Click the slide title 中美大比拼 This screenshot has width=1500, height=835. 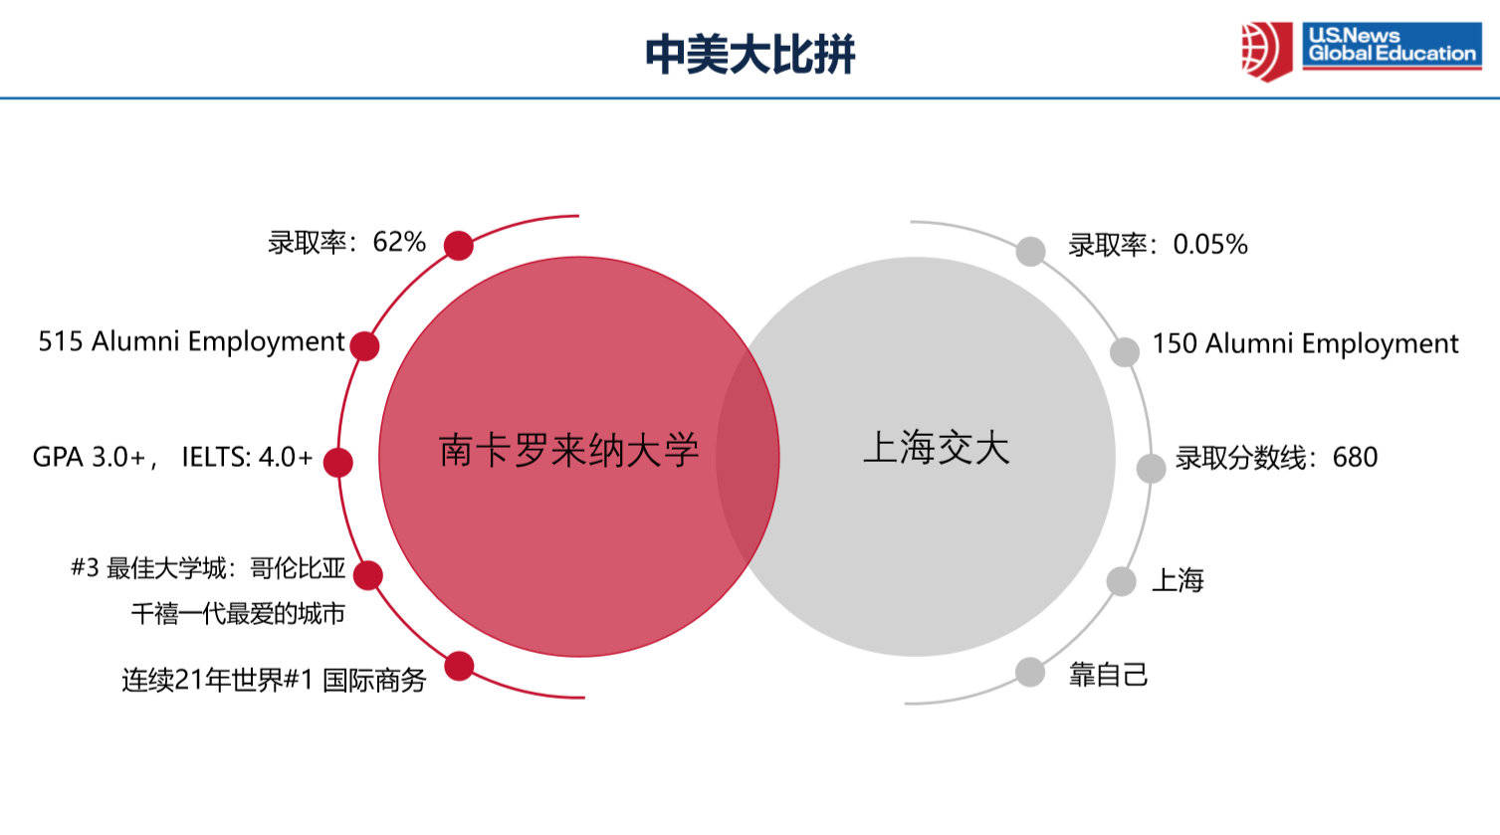point(750,54)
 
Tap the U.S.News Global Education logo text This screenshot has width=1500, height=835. point(1392,44)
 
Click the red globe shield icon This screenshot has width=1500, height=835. point(1266,52)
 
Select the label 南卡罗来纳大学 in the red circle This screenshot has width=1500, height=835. point(569,450)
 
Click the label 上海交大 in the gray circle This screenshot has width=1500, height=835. point(937,447)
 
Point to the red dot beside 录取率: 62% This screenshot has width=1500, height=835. point(459,245)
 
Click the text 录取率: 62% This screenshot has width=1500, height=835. point(346,242)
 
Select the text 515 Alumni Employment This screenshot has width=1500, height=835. point(191,341)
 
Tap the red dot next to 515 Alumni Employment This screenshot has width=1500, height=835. point(364,346)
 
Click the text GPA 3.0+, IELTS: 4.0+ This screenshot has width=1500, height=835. point(173,458)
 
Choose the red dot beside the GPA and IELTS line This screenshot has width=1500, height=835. point(338,462)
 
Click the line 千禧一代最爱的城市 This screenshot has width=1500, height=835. point(238,613)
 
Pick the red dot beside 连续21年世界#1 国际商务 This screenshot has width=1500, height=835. point(460,666)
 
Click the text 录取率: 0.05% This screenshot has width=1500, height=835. point(1158,245)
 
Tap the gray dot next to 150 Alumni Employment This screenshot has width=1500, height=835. point(1125,352)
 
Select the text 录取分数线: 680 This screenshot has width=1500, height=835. point(1277,458)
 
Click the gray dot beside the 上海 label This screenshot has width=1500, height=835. point(1121,581)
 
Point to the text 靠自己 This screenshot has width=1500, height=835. point(1108,675)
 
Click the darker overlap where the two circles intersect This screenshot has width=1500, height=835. point(748,456)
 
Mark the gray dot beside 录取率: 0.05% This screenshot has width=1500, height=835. point(1030,251)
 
